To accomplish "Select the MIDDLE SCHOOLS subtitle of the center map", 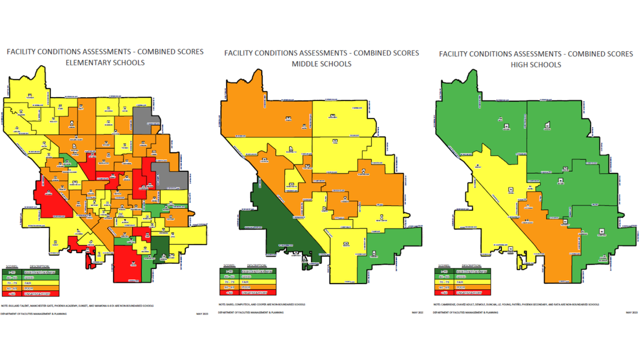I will point(321,63).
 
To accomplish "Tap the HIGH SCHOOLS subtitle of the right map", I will point(536,65).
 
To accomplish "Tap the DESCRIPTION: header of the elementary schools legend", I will point(39,266).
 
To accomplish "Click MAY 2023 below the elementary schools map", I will point(200,314).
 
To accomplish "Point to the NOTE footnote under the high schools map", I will point(516,304).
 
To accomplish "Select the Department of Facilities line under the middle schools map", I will point(250,312).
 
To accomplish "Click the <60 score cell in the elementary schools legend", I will point(13,293).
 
